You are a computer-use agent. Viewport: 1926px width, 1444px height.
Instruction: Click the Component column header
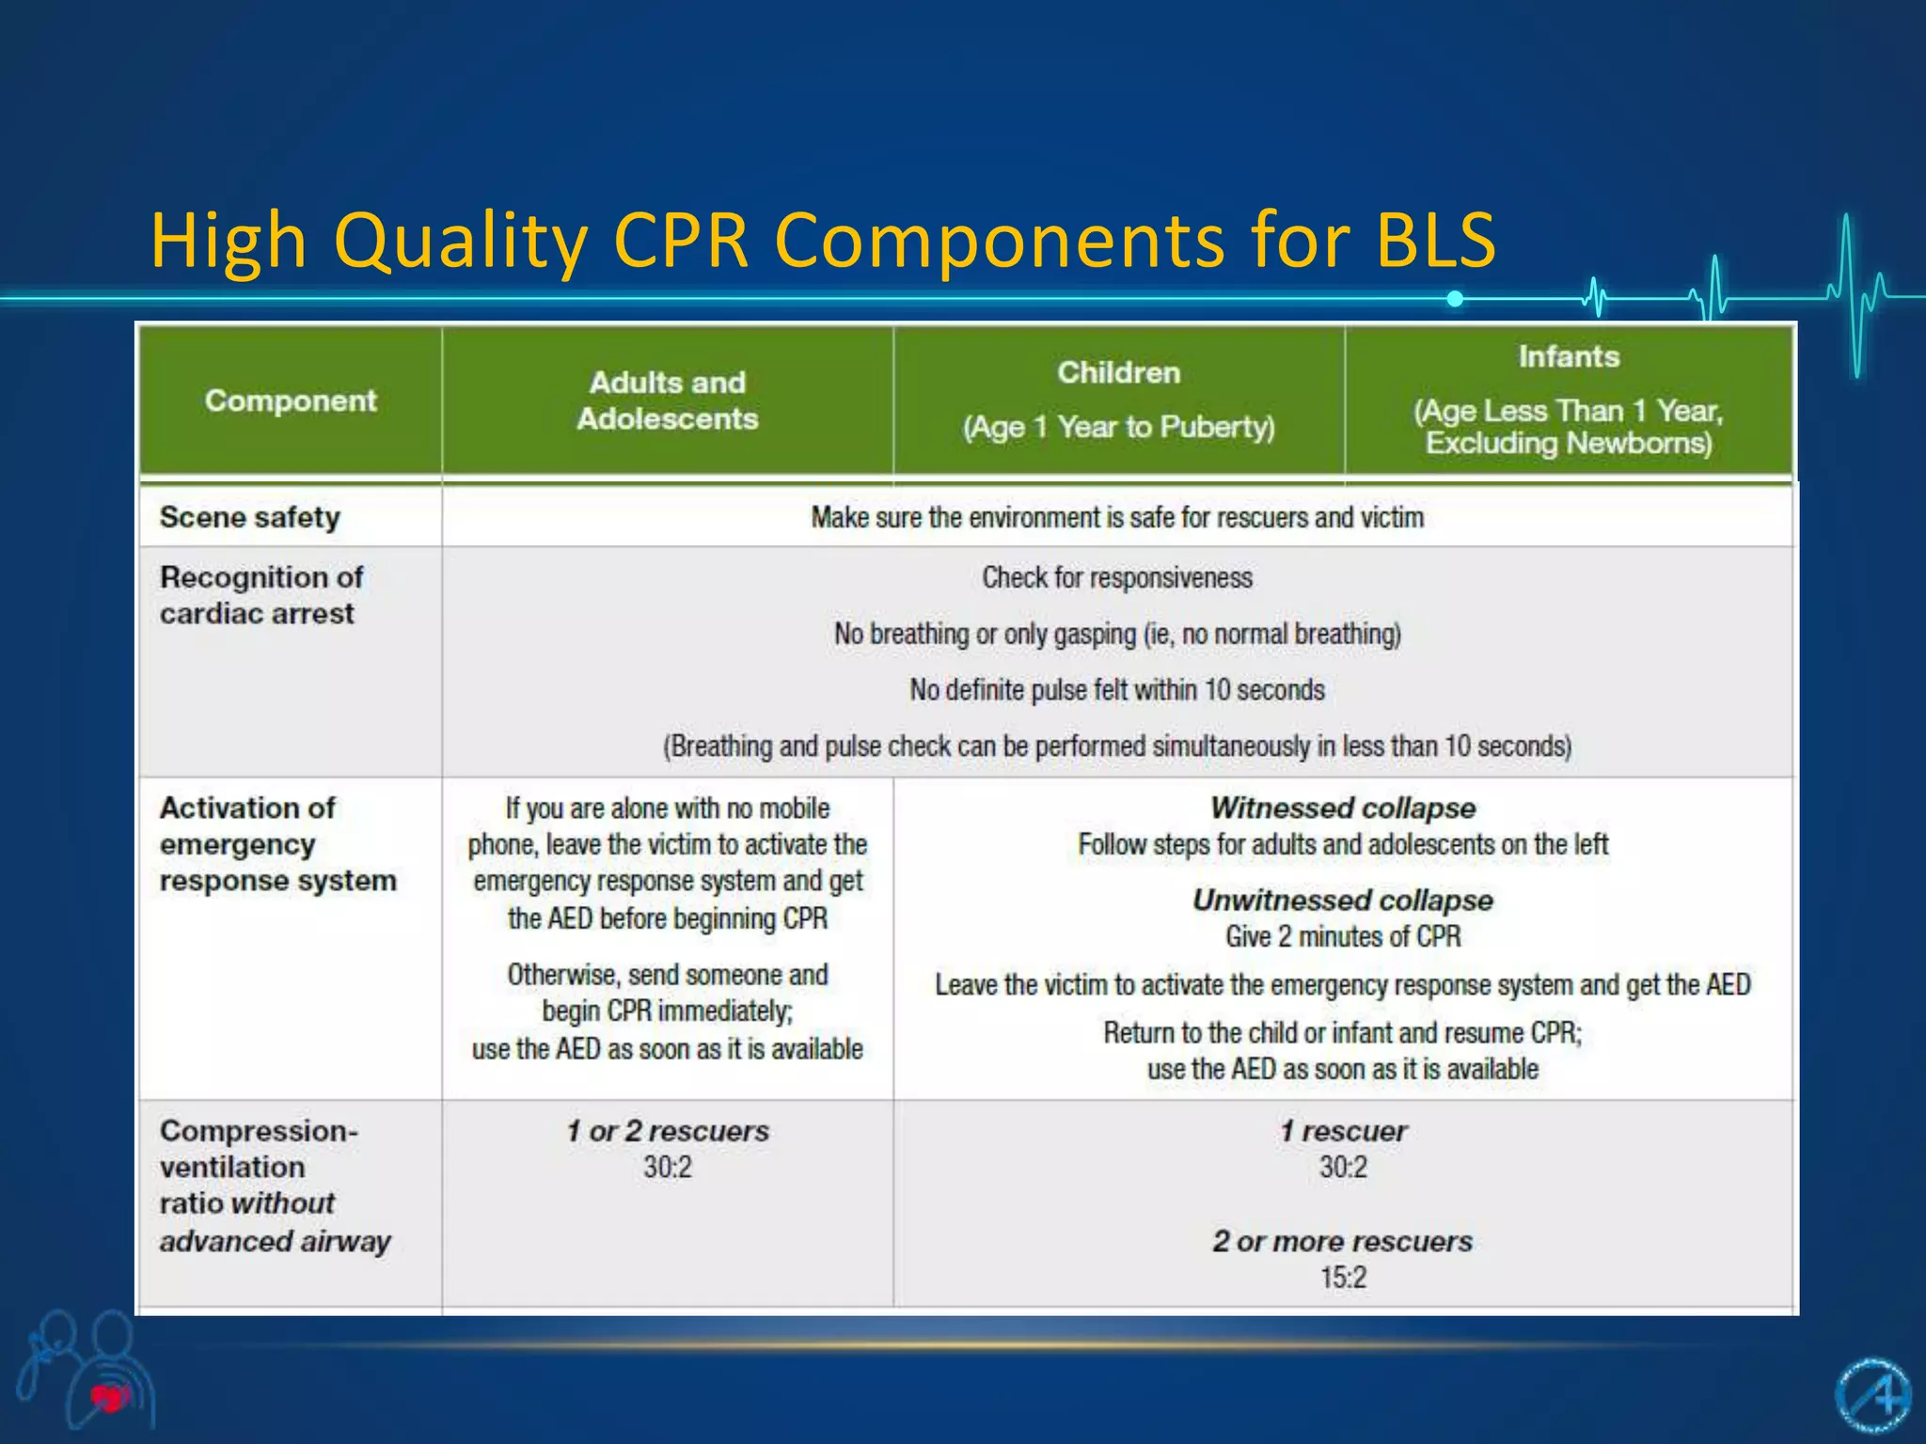291,401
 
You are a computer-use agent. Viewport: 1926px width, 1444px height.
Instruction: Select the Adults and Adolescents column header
667,400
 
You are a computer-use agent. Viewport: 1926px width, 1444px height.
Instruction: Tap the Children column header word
1118,373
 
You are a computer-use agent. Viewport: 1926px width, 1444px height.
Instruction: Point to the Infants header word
1569,357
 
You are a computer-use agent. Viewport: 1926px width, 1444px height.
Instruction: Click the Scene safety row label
250,517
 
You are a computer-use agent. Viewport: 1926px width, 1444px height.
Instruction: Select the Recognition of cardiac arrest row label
260,595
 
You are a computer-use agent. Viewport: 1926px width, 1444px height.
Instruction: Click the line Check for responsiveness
1117,577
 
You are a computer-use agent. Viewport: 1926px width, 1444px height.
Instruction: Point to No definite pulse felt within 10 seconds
1117,690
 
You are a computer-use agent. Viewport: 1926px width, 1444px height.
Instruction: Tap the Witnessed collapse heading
1343,808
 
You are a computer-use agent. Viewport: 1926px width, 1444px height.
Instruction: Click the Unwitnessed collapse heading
1343,900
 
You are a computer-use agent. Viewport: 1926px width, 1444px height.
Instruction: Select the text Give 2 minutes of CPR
1343,936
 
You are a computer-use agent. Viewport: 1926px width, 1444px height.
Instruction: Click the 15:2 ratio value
1343,1278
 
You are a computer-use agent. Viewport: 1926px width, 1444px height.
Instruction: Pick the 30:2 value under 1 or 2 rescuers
667,1168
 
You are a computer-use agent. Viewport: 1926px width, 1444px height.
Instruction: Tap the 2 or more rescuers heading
1343,1241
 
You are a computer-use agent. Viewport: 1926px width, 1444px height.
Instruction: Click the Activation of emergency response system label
277,844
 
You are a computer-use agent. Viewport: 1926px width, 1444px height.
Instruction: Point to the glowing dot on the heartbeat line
1455,299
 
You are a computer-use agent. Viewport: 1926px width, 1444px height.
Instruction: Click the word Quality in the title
461,241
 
